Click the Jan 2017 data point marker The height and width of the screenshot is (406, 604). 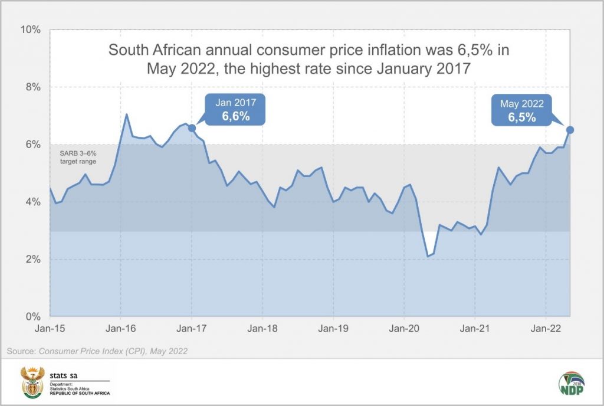(x=192, y=127)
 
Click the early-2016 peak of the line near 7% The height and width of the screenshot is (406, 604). (x=126, y=114)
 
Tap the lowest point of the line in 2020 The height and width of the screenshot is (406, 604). (x=428, y=257)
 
